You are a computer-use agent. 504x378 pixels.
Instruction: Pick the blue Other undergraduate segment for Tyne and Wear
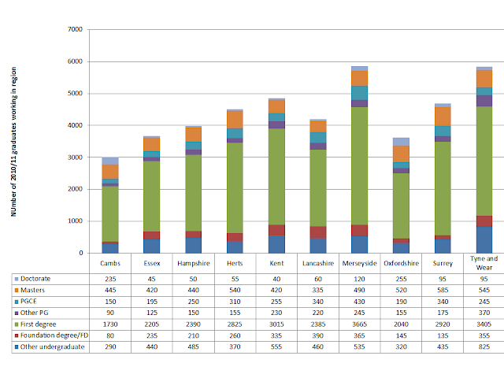tap(484, 239)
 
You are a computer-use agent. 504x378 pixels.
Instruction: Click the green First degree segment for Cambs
tap(110, 213)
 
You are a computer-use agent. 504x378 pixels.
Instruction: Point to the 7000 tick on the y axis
tap(75, 30)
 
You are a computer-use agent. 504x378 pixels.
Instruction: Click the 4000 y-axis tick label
tap(75, 126)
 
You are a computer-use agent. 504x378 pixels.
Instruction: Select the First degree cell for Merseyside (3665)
tap(361, 323)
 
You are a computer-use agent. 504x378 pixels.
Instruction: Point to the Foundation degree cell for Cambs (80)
tap(110, 334)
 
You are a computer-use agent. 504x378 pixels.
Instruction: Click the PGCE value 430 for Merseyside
tap(361, 301)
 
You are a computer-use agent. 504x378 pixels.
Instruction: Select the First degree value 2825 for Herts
tap(234, 323)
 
